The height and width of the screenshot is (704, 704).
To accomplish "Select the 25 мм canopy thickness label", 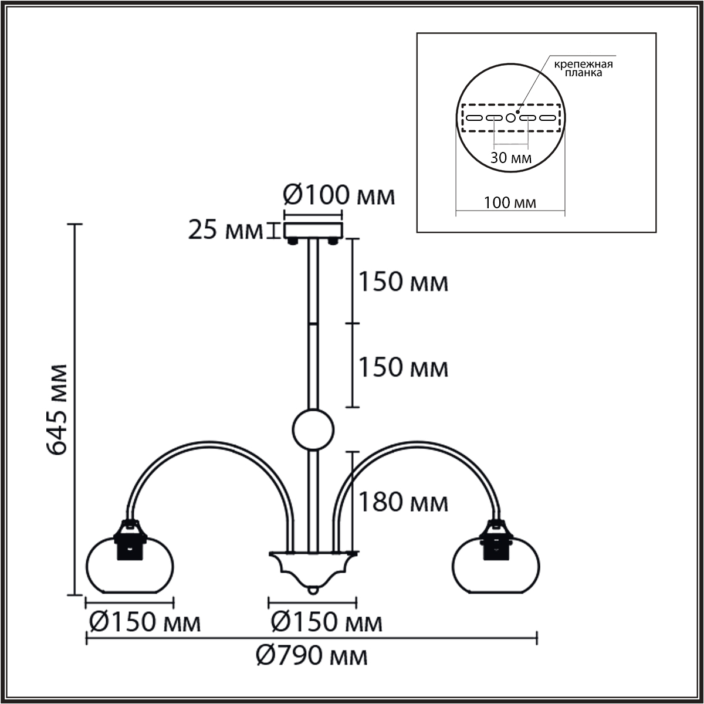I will click(x=225, y=231).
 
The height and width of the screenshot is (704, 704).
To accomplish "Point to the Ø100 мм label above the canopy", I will click(x=339, y=195).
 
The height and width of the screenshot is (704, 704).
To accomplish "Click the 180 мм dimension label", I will click(x=403, y=502).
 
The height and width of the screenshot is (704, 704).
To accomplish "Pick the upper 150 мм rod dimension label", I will click(x=403, y=282).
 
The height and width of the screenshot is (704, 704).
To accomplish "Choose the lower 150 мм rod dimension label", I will click(x=403, y=368).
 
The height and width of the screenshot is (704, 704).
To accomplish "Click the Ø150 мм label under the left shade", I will click(x=144, y=622).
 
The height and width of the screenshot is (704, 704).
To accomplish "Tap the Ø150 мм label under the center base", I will click(x=326, y=622).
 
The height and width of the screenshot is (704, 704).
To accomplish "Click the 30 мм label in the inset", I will click(x=511, y=158).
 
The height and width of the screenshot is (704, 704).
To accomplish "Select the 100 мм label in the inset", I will click(x=510, y=203).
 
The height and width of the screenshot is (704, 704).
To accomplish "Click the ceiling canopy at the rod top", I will click(x=313, y=231).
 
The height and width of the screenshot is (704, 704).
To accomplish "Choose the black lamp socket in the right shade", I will click(x=496, y=543).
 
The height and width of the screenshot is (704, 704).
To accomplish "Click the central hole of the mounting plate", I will click(x=510, y=118).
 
